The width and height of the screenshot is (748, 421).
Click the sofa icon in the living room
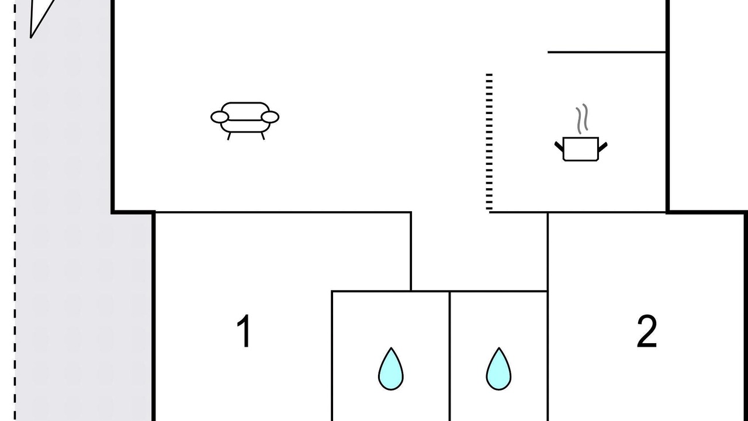pyautogui.click(x=245, y=120)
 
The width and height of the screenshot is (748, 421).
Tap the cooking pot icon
pyautogui.click(x=580, y=149)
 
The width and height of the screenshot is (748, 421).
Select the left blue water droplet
pyautogui.click(x=390, y=369)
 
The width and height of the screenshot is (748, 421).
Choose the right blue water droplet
pyautogui.click(x=498, y=369)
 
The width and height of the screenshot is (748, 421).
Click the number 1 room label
pyautogui.click(x=244, y=332)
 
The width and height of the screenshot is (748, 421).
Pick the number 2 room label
pyautogui.click(x=646, y=332)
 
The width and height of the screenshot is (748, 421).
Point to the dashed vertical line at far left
pyautogui.click(x=16, y=234)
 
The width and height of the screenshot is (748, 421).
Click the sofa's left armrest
pyautogui.click(x=220, y=117)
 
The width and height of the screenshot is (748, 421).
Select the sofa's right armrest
pyautogui.click(x=270, y=117)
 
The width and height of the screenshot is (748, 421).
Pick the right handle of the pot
pyautogui.click(x=602, y=145)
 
